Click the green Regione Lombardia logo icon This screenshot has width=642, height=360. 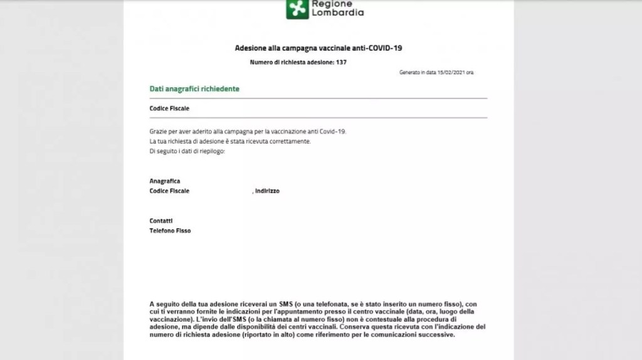tap(298, 8)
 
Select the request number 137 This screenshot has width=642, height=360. tap(341, 63)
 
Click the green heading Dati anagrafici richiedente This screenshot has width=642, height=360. tap(194, 89)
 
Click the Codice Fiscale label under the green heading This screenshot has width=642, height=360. tap(169, 109)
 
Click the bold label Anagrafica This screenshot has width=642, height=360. tap(165, 181)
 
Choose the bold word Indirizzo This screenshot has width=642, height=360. tap(267, 191)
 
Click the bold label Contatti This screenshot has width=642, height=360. tap(161, 221)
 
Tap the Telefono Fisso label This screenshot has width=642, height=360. tap(170, 231)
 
